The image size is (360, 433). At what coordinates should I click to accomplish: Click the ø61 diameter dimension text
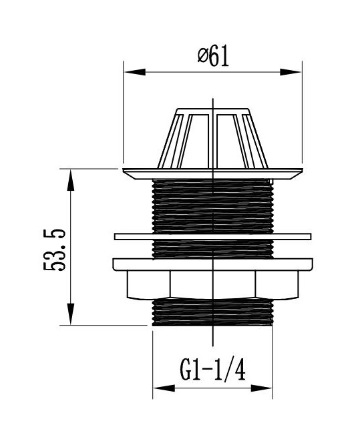[214, 57]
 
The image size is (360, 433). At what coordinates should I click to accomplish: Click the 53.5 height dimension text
[55, 250]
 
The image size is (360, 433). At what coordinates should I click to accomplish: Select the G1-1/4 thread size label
[212, 370]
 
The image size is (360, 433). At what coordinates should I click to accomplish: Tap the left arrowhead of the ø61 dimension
[135, 72]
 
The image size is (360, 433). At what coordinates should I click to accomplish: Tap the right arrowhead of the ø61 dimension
[291, 72]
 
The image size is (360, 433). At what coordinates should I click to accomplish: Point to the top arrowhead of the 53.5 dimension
[71, 180]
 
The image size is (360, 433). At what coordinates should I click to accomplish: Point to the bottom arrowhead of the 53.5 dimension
[71, 314]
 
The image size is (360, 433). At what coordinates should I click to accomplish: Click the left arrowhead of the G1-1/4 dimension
[164, 388]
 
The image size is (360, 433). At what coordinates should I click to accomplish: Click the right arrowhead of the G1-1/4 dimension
[261, 388]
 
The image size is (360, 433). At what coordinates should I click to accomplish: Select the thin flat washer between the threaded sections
[212, 237]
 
